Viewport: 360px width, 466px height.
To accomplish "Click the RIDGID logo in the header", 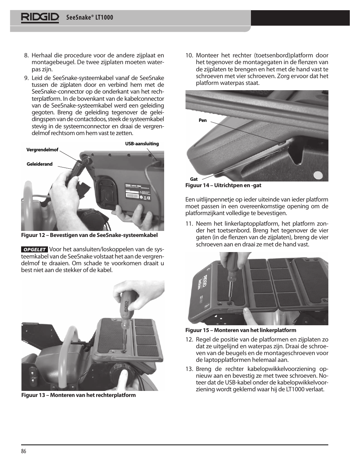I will click(x=40, y=17).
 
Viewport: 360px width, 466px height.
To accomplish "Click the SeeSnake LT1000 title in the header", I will click(x=89, y=18).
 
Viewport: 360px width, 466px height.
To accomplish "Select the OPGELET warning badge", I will click(x=34, y=249).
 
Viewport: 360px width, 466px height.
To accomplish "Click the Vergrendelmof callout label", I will click(x=42, y=150).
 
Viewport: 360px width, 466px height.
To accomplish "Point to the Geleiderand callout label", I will click(x=40, y=164).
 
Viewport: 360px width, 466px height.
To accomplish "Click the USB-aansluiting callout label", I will click(x=142, y=144).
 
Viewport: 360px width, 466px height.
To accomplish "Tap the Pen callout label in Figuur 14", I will click(x=203, y=120).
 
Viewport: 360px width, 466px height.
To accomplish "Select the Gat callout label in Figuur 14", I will click(x=194, y=179).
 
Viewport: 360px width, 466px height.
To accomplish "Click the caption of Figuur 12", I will click(x=89, y=235).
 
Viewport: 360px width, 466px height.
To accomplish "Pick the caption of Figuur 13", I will click(x=78, y=395).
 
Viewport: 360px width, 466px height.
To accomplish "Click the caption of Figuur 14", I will click(x=223, y=185).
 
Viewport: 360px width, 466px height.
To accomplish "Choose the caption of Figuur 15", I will click(x=240, y=330).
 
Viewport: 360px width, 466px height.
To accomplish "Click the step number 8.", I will click(x=26, y=55).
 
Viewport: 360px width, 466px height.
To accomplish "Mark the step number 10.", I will click(x=189, y=55).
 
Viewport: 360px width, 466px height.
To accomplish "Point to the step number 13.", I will click(x=189, y=369).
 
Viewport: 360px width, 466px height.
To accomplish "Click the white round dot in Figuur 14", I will click(x=319, y=175).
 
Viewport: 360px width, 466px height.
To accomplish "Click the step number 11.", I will click(x=189, y=223).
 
